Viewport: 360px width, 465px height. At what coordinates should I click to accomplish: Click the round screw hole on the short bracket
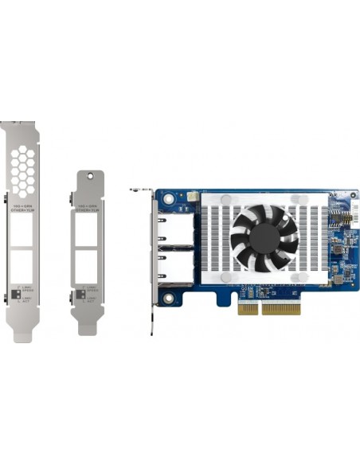coord(89,177)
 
